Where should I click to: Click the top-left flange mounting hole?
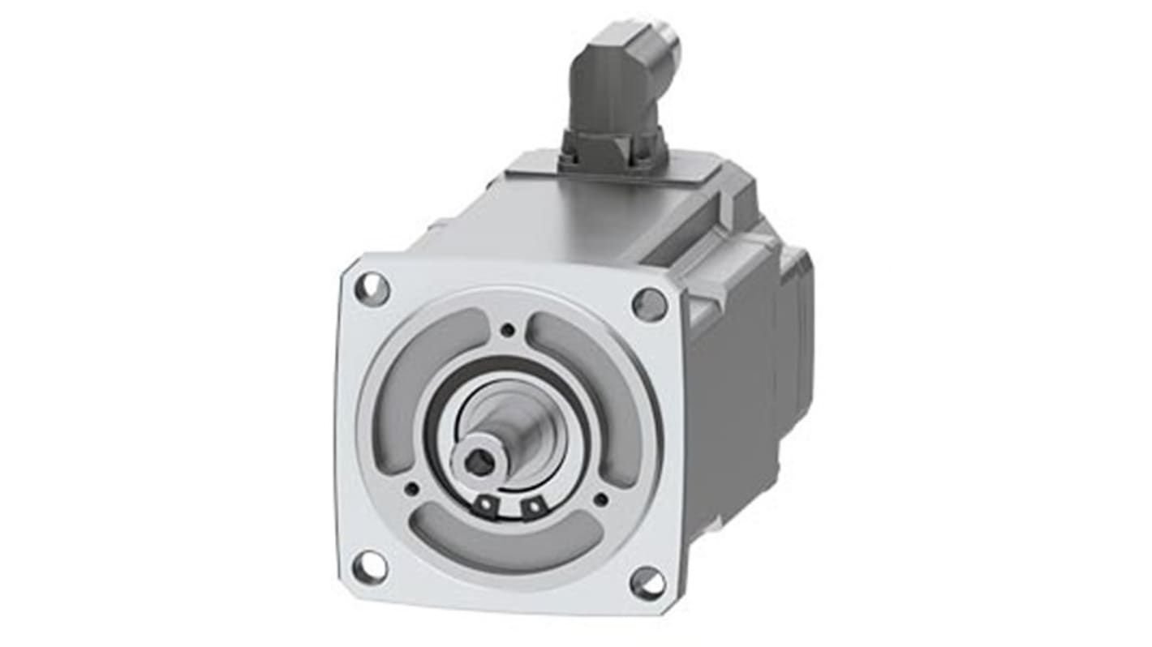[x=372, y=288]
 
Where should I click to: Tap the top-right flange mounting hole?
[x=650, y=304]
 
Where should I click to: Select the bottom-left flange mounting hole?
[x=370, y=566]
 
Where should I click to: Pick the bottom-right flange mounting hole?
[x=647, y=581]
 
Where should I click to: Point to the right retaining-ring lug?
[x=532, y=508]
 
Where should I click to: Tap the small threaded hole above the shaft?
[x=508, y=329]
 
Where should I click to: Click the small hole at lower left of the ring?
[x=412, y=488]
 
